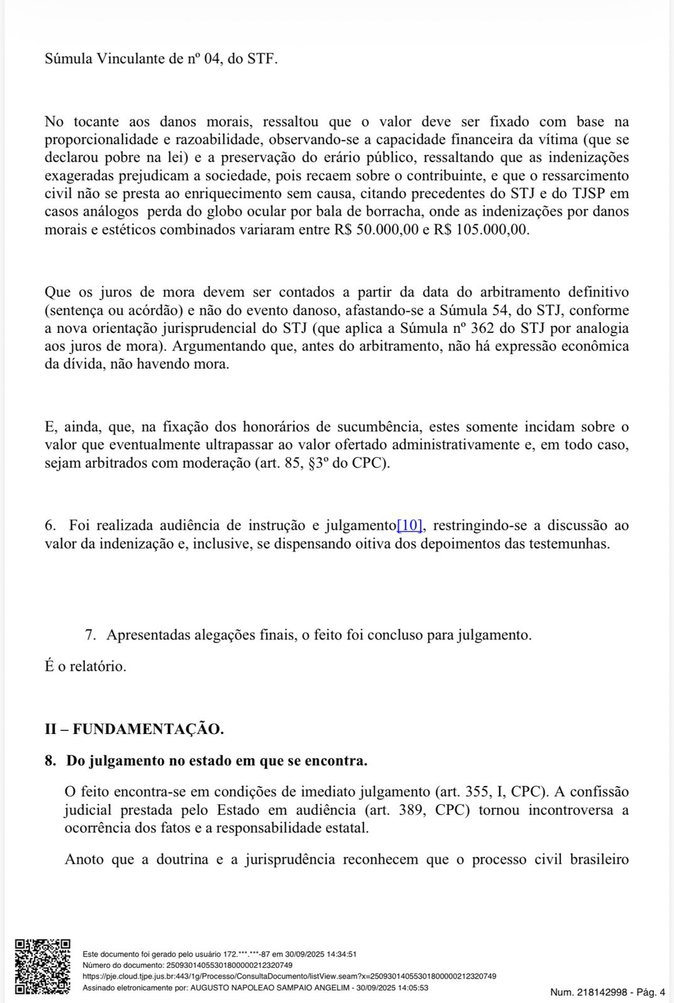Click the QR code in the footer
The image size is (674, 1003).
(x=43, y=966)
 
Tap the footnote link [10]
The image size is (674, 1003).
(x=410, y=525)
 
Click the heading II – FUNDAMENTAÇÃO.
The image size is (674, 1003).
(x=134, y=729)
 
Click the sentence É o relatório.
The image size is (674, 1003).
(x=85, y=666)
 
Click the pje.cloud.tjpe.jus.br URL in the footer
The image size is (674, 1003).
(x=289, y=977)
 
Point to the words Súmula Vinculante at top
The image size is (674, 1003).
(x=104, y=59)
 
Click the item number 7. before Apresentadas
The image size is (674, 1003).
(x=90, y=635)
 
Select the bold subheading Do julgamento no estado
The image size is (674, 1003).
(x=217, y=761)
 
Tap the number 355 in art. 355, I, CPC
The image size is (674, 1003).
(x=478, y=792)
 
